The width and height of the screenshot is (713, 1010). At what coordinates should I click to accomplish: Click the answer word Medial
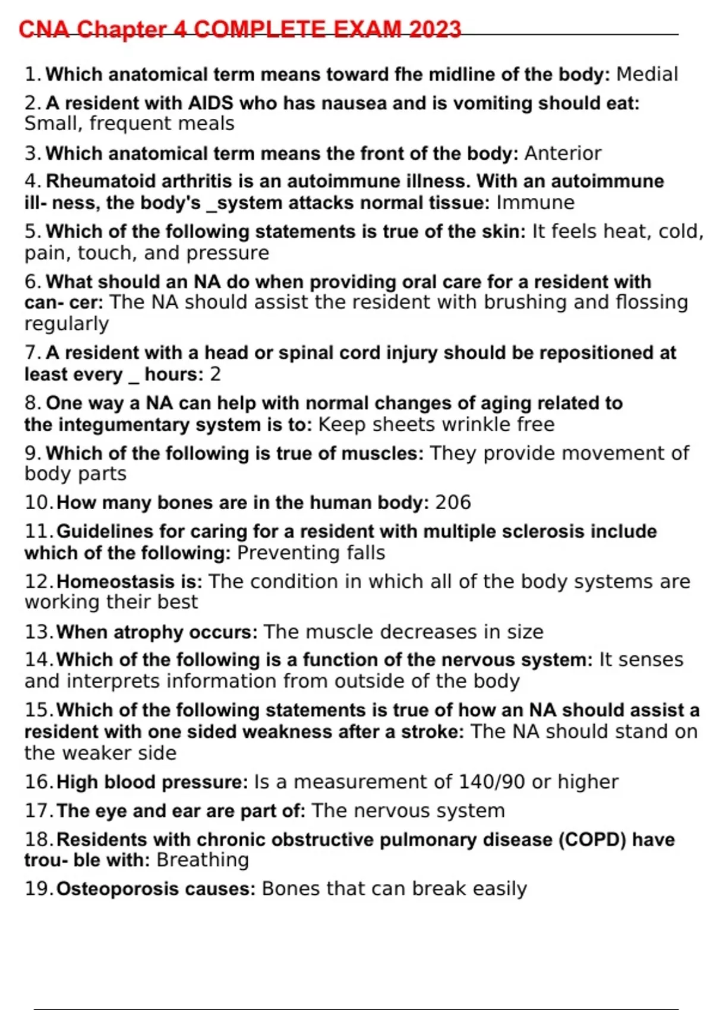click(647, 74)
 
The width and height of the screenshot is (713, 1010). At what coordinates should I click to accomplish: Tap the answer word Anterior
click(563, 153)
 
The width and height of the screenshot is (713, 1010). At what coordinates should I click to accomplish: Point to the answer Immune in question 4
click(535, 203)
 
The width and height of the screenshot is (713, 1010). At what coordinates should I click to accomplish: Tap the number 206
click(453, 503)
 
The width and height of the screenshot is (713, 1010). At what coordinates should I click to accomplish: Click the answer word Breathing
click(203, 860)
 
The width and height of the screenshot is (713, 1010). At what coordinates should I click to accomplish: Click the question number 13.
click(38, 632)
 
